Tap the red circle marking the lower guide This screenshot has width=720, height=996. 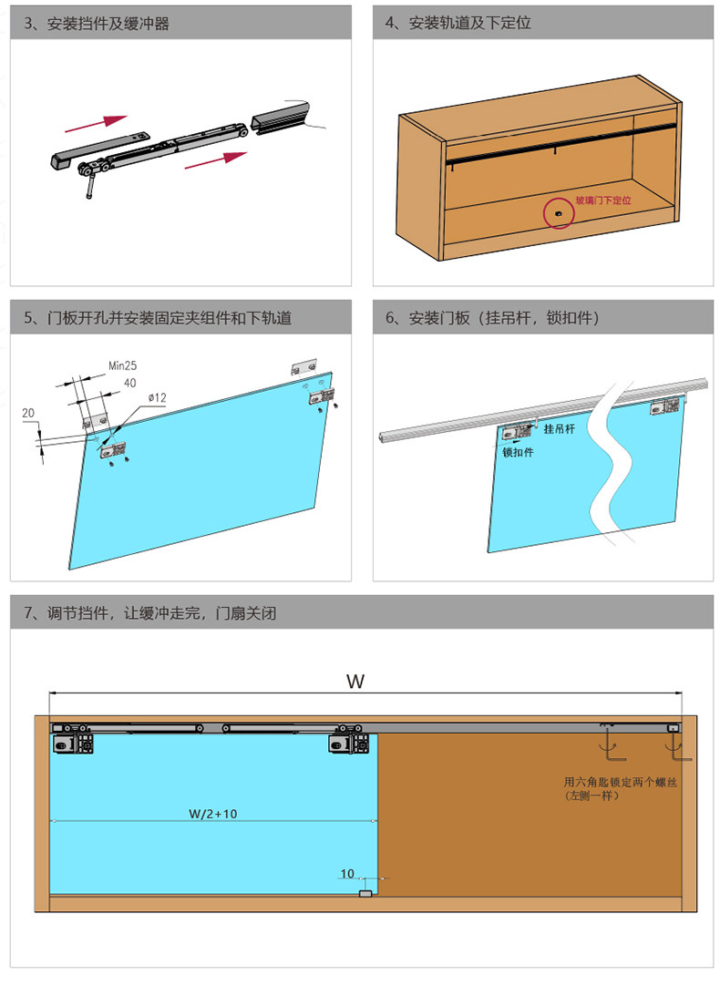point(557,213)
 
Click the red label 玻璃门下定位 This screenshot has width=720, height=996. point(602,199)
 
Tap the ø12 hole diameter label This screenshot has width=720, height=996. point(156,398)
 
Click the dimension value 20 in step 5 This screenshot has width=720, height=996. point(28,414)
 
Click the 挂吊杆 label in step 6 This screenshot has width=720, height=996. point(561,427)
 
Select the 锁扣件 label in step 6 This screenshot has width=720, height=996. point(518,452)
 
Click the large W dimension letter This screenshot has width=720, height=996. point(356,681)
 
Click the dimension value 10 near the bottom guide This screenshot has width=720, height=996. point(347,874)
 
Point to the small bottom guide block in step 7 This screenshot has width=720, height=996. point(365,894)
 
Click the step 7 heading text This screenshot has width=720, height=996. point(149,613)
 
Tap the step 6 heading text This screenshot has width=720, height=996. point(491,318)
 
